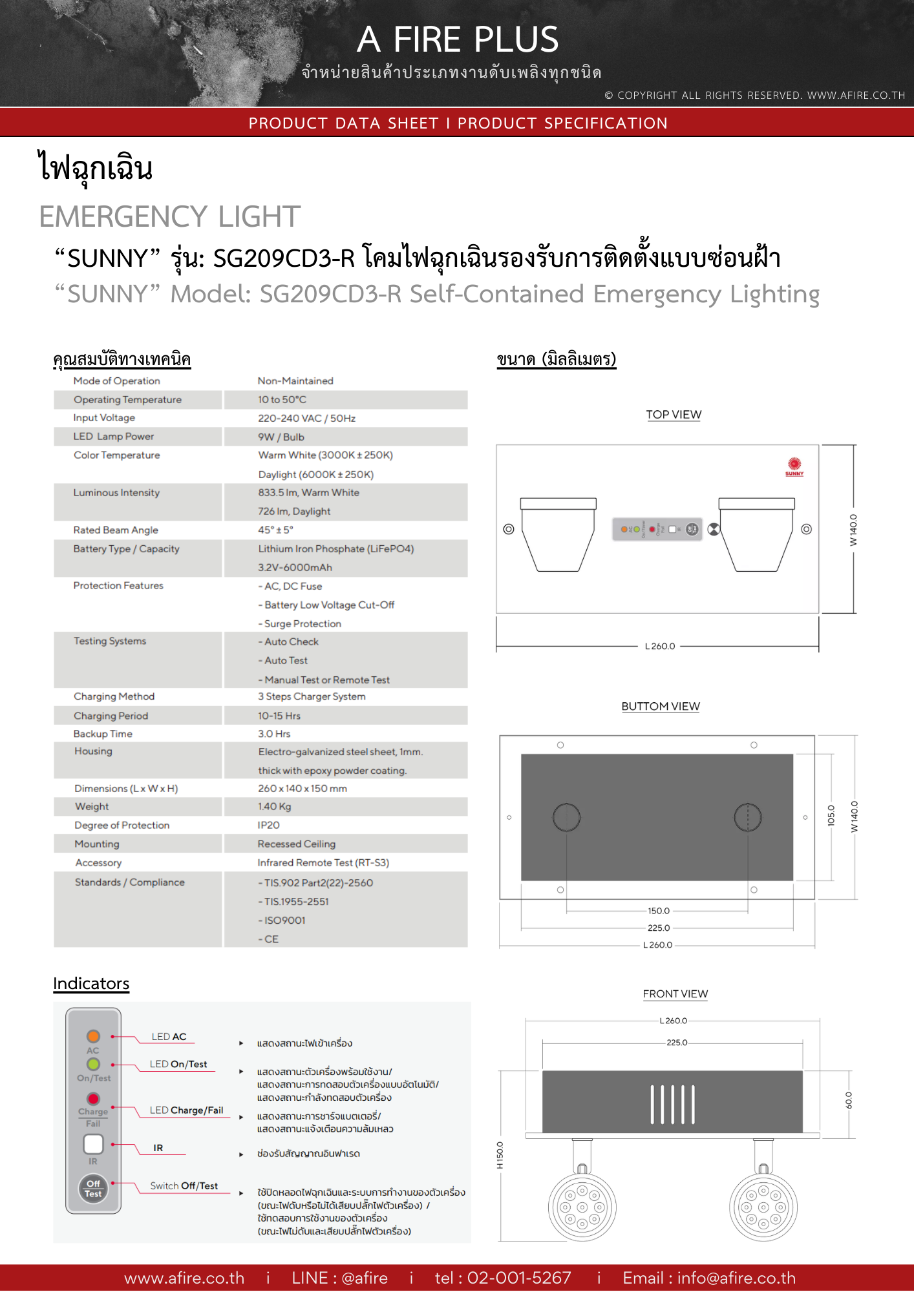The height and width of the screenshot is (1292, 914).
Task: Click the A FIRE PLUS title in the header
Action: [458, 39]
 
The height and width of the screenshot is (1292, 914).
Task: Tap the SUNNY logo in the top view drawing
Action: [794, 466]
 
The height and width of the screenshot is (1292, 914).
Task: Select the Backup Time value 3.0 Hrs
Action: [274, 734]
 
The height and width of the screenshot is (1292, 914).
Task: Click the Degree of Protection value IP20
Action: [268, 825]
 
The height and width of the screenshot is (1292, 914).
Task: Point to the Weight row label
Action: [92, 806]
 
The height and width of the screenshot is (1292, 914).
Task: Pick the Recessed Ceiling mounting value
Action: [296, 844]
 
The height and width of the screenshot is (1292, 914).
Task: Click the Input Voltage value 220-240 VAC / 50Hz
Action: [306, 418]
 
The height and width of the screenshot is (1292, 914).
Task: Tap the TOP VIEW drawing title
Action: [674, 415]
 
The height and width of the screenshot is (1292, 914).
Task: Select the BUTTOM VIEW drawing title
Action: [660, 706]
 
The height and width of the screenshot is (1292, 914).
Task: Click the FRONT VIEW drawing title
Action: [675, 994]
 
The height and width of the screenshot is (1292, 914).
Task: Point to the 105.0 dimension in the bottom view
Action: [831, 815]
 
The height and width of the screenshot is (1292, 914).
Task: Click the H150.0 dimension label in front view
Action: [500, 1155]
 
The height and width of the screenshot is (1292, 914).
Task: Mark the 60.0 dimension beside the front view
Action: [849, 1100]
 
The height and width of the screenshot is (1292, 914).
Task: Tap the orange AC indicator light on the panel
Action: [94, 1036]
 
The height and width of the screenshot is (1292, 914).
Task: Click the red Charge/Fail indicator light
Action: [94, 1098]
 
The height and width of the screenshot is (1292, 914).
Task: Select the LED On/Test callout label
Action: [178, 1064]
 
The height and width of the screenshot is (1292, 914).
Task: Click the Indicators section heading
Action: [91, 983]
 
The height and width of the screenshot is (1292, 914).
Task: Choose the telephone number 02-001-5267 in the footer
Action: [503, 1278]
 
